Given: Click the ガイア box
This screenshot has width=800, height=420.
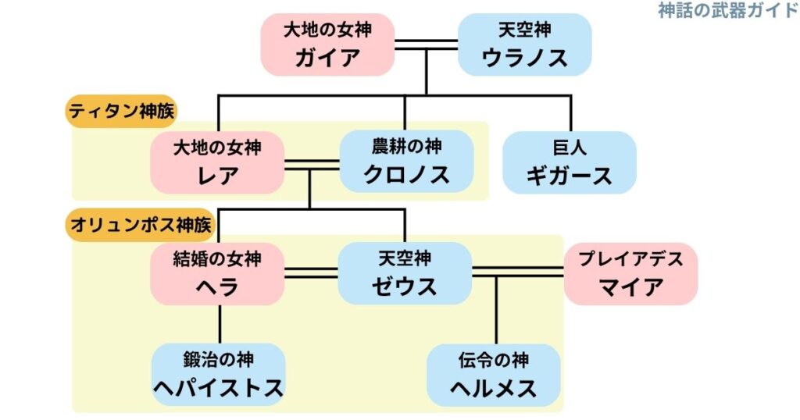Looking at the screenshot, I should point(327,44).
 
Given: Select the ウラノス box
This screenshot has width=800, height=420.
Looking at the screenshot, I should point(524,44).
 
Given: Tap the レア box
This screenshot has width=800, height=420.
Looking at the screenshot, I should point(217,162).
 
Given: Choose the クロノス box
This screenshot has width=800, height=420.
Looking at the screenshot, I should point(406,162).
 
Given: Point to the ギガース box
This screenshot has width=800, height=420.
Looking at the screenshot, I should point(569,162).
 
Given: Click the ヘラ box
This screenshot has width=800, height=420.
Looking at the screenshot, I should point(217,273).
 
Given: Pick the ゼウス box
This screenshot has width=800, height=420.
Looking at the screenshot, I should point(405,273).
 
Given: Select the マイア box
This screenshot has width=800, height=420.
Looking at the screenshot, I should point(630,273).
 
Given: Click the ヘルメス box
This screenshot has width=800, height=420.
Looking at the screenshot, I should point(494,374).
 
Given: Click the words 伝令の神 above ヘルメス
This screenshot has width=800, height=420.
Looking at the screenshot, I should point(494,360).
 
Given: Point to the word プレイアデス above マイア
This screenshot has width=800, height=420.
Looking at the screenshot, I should point(630,258).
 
